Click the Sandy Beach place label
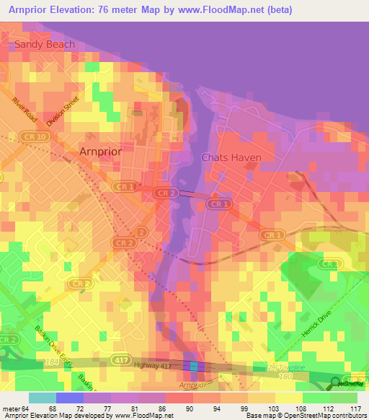(x=41, y=45)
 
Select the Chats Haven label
(x=231, y=157)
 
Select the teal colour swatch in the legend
(x=43, y=398)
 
